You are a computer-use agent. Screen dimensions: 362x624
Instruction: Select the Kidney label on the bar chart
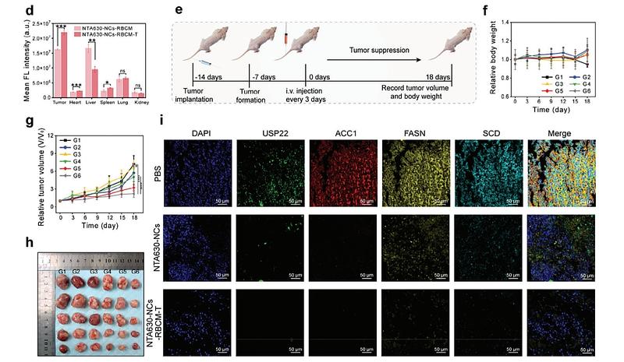coord(140,100)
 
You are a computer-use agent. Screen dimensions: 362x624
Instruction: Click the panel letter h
coord(8,242)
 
